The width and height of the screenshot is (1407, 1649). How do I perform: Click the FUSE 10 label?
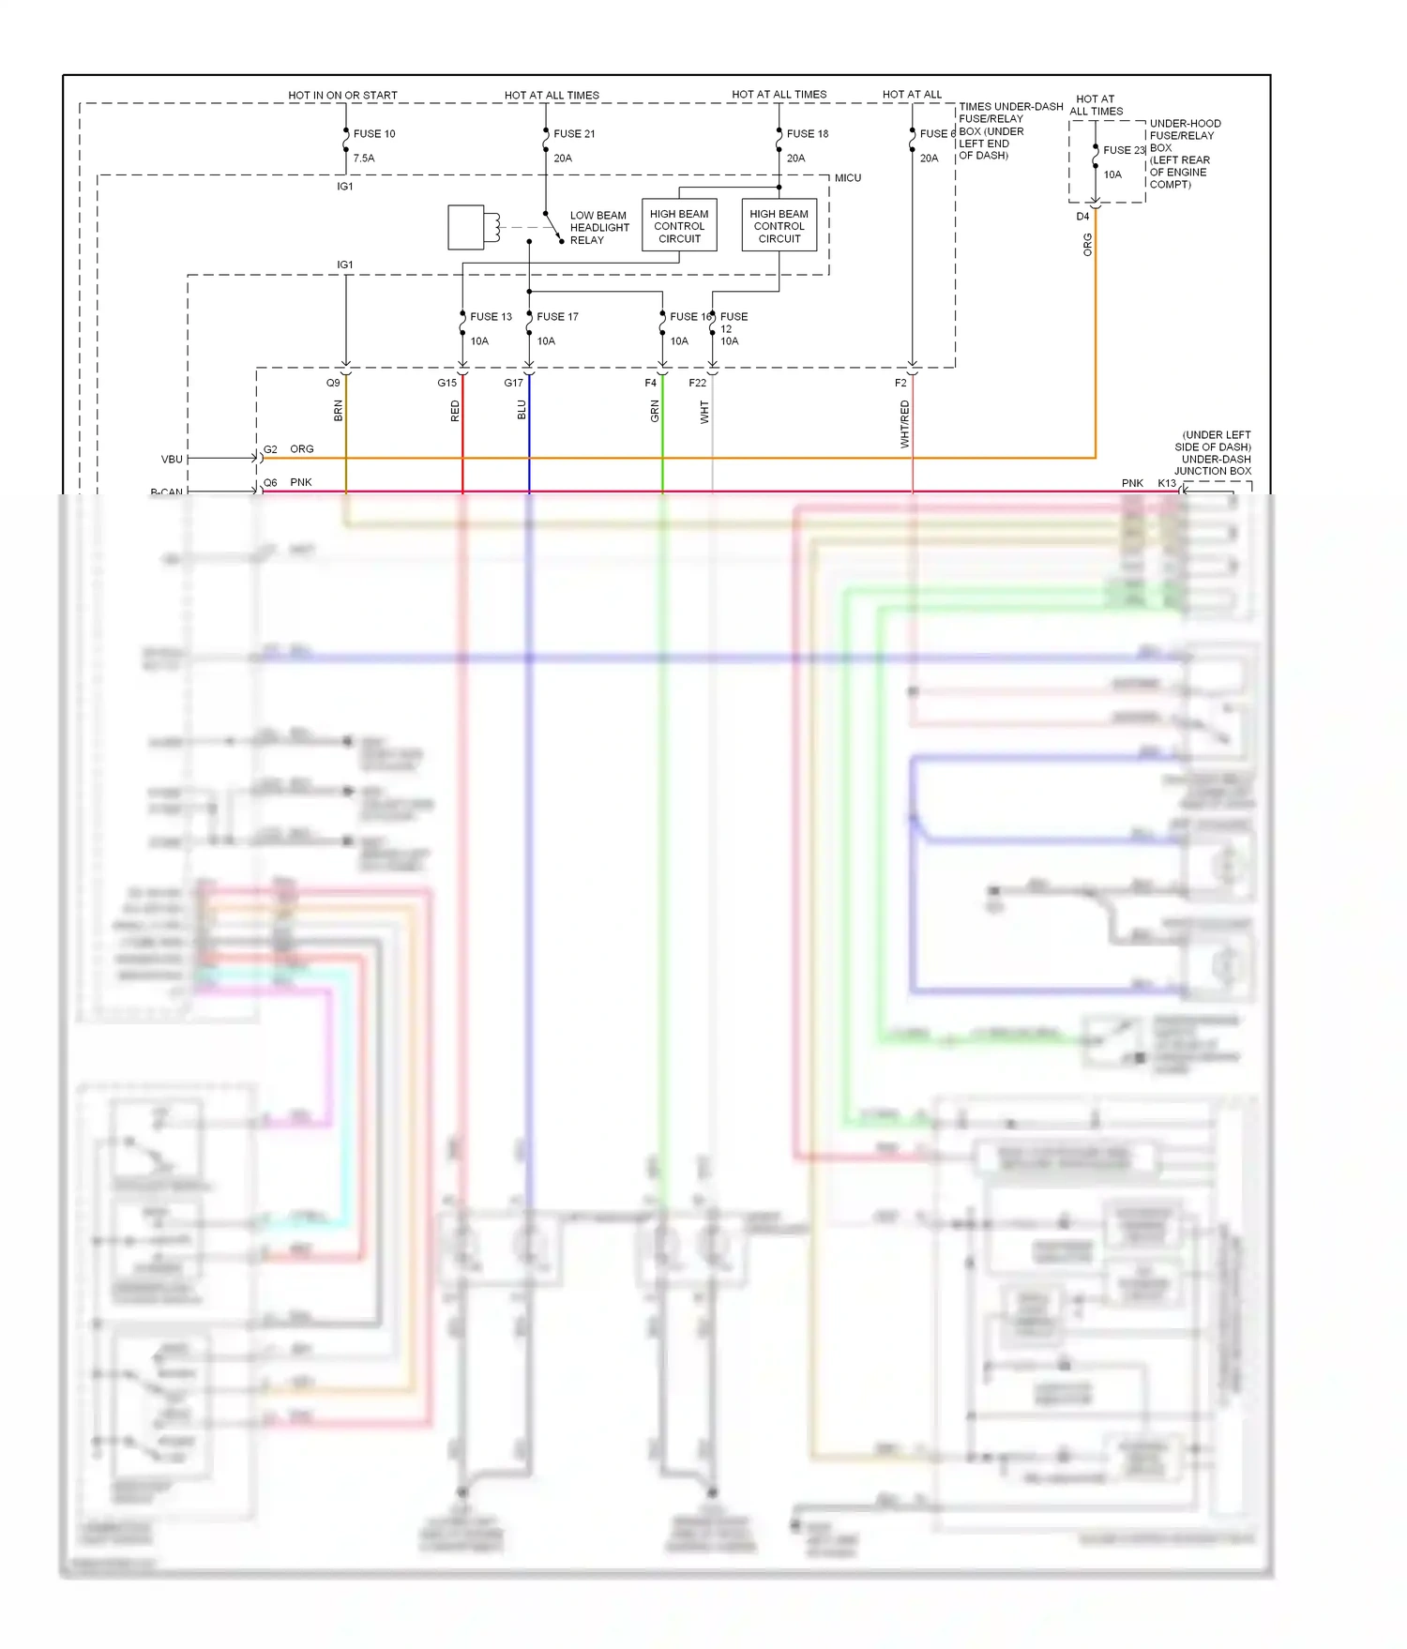pyautogui.click(x=373, y=134)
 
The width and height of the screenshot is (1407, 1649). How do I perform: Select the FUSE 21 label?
pyautogui.click(x=574, y=134)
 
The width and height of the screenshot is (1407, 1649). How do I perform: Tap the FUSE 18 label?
pyautogui.click(x=807, y=134)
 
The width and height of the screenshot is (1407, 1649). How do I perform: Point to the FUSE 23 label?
pyautogui.click(x=1124, y=150)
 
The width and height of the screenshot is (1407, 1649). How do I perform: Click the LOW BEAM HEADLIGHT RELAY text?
pyautogui.click(x=598, y=228)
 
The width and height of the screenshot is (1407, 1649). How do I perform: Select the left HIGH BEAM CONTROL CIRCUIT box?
pyautogui.click(x=679, y=226)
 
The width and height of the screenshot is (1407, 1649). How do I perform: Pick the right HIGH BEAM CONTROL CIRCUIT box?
pyautogui.click(x=779, y=226)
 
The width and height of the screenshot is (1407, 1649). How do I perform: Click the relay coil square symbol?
pyautogui.click(x=466, y=227)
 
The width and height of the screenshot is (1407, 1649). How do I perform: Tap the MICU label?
pyautogui.click(x=847, y=178)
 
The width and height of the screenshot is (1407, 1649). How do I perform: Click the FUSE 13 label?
pyautogui.click(x=491, y=317)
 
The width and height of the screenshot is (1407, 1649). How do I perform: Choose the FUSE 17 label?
pyautogui.click(x=557, y=317)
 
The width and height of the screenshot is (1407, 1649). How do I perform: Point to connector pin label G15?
pyautogui.click(x=446, y=383)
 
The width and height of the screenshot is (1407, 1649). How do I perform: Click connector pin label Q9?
pyautogui.click(x=333, y=383)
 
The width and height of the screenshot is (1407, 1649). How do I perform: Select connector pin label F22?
pyautogui.click(x=697, y=383)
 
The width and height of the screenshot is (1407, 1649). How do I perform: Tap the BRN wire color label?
pyautogui.click(x=339, y=410)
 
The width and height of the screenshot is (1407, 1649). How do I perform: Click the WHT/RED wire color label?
pyautogui.click(x=905, y=423)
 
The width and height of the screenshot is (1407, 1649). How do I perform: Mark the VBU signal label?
pyautogui.click(x=172, y=460)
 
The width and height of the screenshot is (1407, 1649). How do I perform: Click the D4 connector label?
pyautogui.click(x=1082, y=217)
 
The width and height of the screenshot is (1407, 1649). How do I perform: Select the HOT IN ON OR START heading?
pyautogui.click(x=342, y=96)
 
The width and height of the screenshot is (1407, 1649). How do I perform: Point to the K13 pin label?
pyautogui.click(x=1166, y=483)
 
